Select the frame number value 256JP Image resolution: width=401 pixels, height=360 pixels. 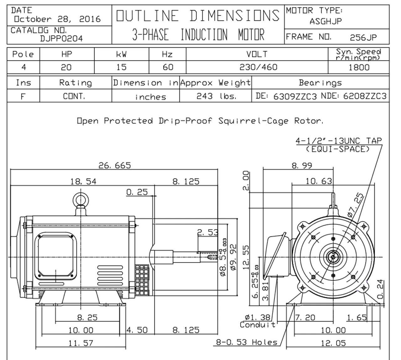(363, 38)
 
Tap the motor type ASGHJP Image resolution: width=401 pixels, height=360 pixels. (326, 22)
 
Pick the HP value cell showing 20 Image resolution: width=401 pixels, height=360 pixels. (66, 67)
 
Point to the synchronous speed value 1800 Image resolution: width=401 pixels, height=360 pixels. (359, 67)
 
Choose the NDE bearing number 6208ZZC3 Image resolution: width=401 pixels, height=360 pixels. (365, 96)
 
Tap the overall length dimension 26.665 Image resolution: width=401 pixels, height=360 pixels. (115, 165)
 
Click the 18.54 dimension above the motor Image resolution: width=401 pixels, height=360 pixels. (83, 181)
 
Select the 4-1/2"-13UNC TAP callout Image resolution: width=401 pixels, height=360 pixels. (339, 141)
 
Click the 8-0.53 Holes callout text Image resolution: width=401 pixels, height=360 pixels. (247, 342)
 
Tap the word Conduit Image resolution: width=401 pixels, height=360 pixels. (258, 325)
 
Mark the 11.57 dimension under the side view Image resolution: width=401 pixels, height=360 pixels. (81, 343)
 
